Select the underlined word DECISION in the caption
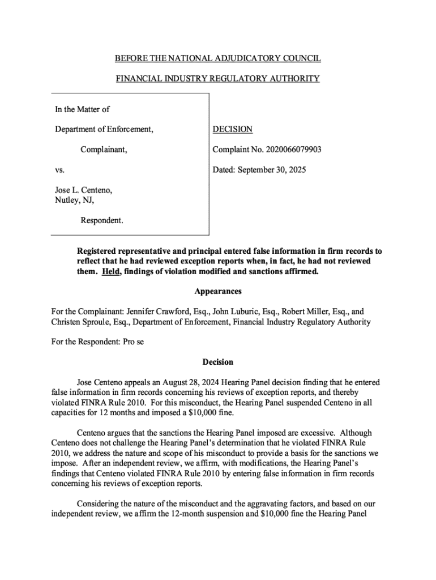[232, 129]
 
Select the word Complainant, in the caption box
[104, 150]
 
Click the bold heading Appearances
[218, 291]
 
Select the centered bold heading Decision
[217, 362]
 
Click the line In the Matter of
[82, 109]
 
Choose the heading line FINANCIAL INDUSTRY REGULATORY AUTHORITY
[217, 79]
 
